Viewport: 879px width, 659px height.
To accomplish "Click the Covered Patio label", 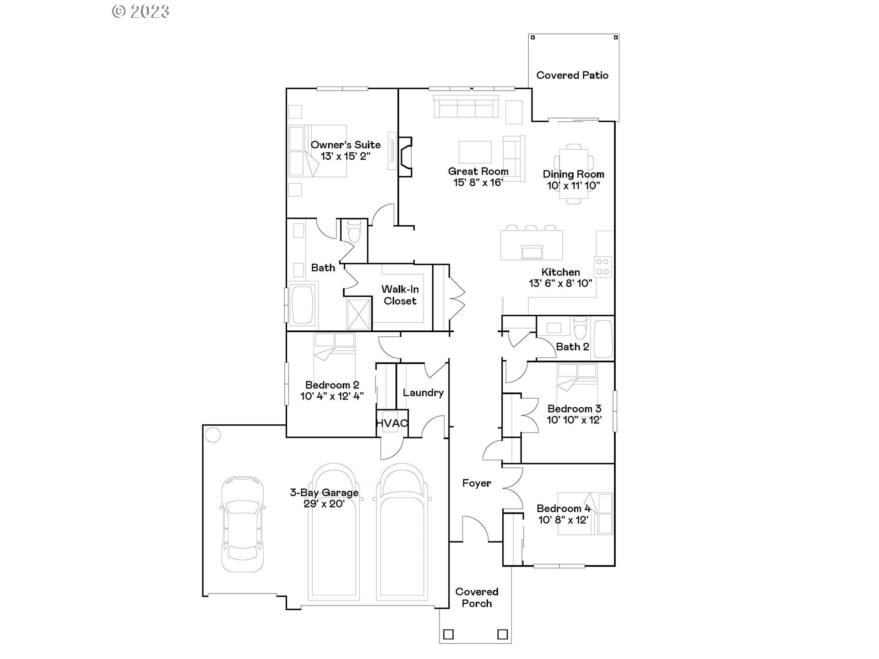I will [572, 76].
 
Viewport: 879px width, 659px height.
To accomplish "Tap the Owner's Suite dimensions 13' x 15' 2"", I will [345, 156].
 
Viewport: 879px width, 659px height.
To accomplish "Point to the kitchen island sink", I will [532, 252].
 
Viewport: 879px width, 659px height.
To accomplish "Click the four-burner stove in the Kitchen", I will [602, 267].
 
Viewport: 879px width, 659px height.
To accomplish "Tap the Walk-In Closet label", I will [400, 295].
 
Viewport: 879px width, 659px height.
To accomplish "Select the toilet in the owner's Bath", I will [354, 232].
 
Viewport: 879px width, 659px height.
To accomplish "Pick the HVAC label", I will [391, 423].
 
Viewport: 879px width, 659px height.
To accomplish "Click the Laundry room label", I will [423, 393].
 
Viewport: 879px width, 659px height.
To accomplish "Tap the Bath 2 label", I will [572, 347].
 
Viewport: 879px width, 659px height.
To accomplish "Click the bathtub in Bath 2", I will [602, 339].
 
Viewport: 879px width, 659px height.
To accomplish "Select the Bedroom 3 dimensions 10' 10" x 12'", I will [574, 420].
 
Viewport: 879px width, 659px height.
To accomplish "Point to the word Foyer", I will [477, 483].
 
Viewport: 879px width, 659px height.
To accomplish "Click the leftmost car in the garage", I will [242, 524].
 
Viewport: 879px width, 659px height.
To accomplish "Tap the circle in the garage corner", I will [213, 435].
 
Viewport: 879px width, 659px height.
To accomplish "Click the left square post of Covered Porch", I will [448, 634].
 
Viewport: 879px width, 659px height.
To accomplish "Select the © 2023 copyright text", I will [141, 11].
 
